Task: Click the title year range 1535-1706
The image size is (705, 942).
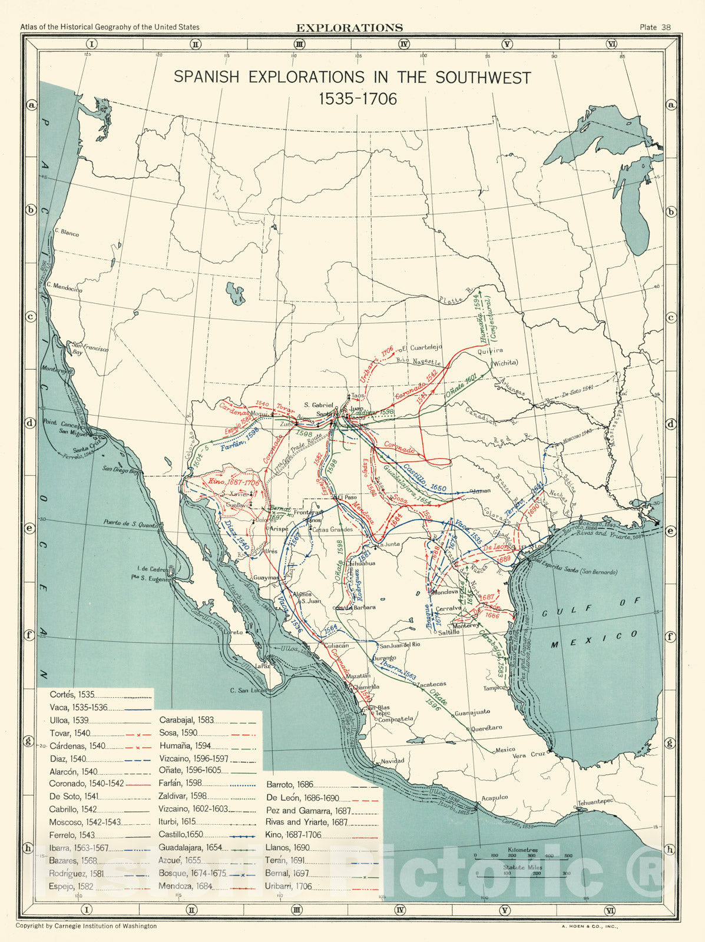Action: coord(358,99)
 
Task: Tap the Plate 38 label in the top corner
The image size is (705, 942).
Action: coord(655,27)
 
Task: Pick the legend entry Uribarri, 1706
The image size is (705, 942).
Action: coord(289,886)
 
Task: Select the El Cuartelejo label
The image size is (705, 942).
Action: coord(422,347)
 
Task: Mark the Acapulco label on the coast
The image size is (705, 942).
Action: coord(495,798)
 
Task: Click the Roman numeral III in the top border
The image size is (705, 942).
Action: coord(299,44)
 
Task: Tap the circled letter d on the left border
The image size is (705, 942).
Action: coord(31,423)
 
